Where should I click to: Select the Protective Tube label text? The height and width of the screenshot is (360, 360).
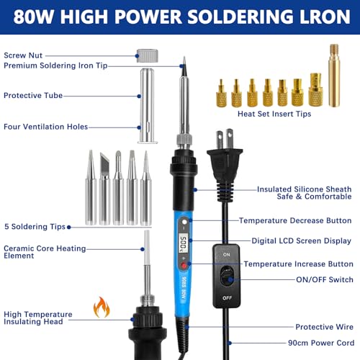point(33,95)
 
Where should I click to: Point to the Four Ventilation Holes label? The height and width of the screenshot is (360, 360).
point(45,127)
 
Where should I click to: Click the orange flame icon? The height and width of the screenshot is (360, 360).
point(101,308)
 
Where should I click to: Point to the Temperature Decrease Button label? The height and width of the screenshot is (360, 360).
point(295,220)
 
